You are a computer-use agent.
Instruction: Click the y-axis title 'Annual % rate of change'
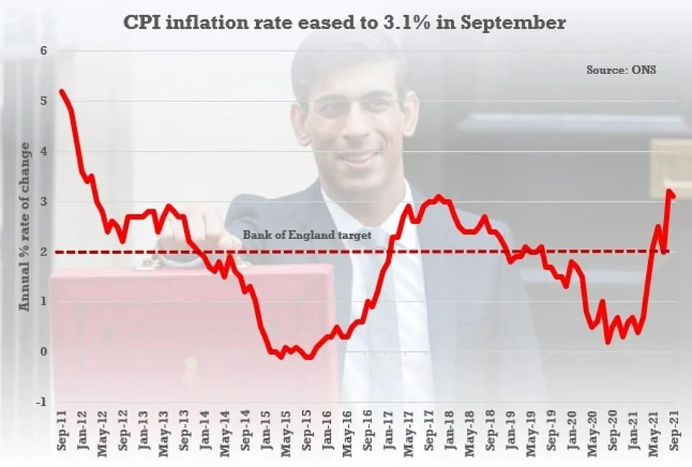point(26,227)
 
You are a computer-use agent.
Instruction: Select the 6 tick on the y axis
point(43,51)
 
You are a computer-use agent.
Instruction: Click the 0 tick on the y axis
point(43,352)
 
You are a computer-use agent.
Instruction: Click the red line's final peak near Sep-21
point(669,191)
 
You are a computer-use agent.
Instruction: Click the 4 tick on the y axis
point(43,152)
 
